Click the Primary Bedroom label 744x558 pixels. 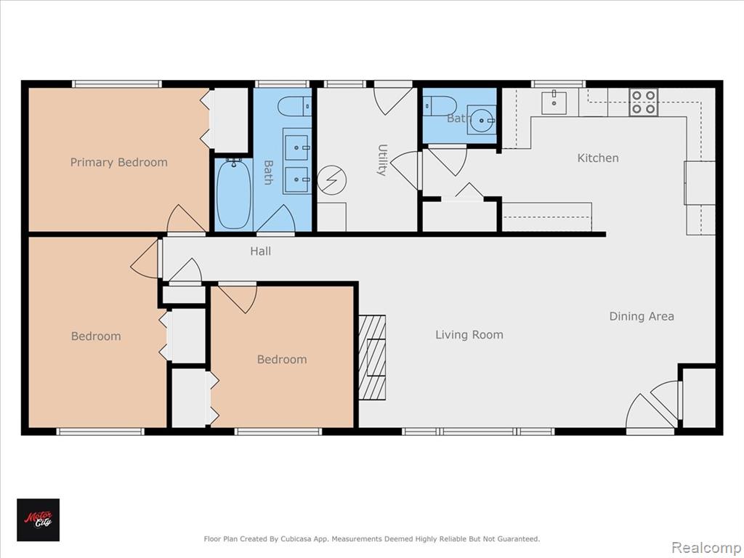[118, 162]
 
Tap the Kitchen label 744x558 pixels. [598, 158]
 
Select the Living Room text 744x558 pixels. [469, 335]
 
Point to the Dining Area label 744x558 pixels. [642, 317]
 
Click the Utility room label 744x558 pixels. [382, 160]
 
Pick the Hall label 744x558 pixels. [261, 251]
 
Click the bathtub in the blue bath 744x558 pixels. [233, 194]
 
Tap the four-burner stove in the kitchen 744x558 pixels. [644, 102]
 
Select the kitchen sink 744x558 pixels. [554, 103]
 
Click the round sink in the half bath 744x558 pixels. [482, 120]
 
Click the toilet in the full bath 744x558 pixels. [294, 106]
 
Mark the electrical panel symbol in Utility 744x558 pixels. [331, 180]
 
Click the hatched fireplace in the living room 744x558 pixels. [371, 357]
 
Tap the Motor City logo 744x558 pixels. [39, 520]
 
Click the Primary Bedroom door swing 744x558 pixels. [186, 219]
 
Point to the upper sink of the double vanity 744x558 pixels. [296, 147]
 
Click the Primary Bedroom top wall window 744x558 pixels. [117, 84]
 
